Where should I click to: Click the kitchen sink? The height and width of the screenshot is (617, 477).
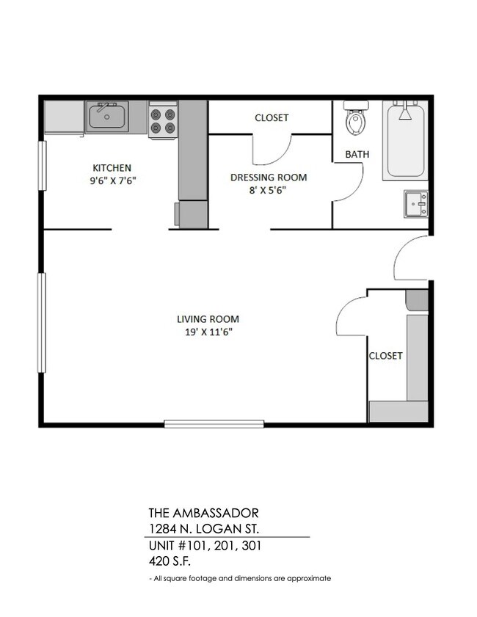[107, 117]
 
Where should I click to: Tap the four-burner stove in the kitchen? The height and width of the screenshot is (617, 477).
[163, 120]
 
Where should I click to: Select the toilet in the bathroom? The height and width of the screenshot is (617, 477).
[355, 121]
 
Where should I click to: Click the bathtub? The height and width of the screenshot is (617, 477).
[405, 141]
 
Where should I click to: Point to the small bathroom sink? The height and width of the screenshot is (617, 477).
[416, 203]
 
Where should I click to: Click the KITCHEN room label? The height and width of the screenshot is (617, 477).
[112, 167]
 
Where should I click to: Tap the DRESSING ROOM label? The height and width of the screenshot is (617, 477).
[269, 178]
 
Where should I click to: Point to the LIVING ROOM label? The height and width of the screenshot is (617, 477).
[208, 319]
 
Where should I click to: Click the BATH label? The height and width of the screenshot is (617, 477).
[357, 155]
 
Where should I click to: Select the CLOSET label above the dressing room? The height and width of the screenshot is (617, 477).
[272, 117]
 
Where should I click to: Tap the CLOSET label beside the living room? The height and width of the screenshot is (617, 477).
[385, 356]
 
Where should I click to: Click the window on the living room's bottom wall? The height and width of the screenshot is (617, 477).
[214, 423]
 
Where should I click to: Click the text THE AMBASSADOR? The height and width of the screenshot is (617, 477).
[203, 513]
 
